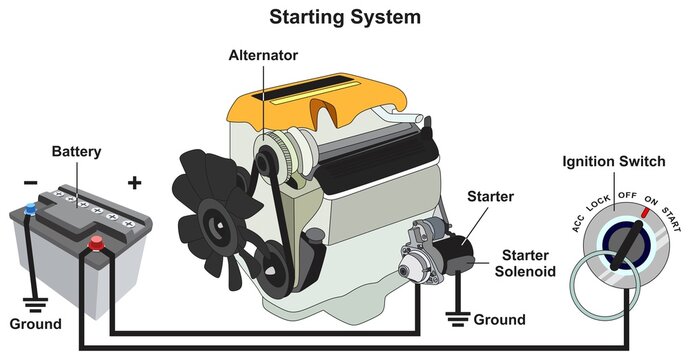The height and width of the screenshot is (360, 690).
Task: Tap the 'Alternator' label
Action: (263, 56)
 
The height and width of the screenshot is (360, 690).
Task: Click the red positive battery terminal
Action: (97, 241)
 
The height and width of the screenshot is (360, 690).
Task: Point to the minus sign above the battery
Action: (31, 184)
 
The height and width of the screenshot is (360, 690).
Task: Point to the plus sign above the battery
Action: (134, 183)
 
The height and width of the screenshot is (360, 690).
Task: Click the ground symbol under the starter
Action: (459, 318)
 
